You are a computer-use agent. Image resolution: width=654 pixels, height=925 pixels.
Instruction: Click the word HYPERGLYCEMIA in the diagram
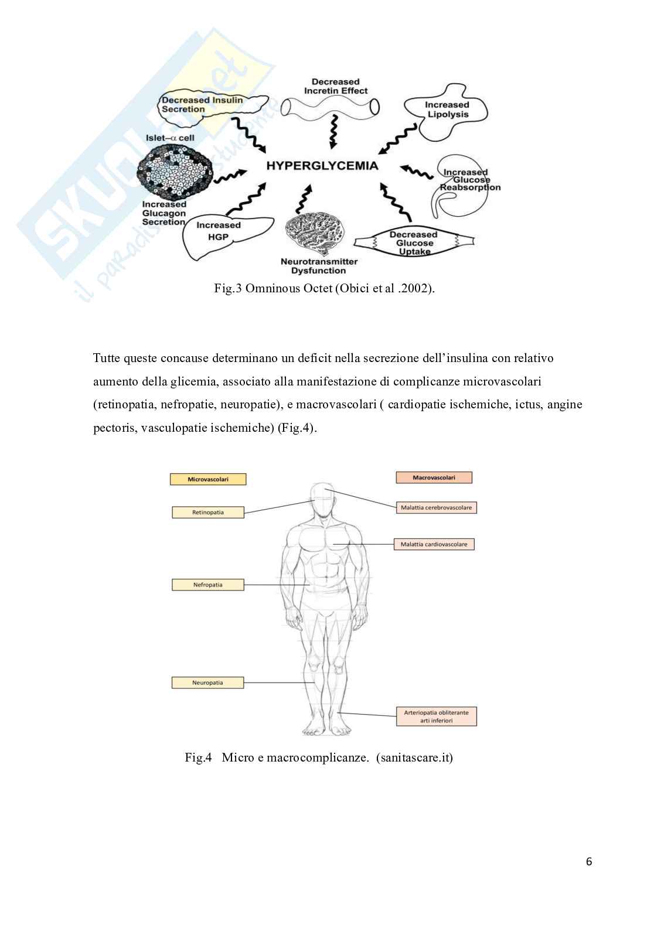pos(322,166)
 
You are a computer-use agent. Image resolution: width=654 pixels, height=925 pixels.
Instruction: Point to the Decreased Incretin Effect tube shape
pos(329,106)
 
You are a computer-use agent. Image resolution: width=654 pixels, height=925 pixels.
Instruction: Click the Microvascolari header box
pos(207,479)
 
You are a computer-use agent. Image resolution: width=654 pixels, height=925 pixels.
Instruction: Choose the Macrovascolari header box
pos(434,477)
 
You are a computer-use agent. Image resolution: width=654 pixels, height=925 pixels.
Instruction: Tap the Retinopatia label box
pos(207,513)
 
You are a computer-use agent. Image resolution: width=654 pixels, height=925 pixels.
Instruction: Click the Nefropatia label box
pos(207,585)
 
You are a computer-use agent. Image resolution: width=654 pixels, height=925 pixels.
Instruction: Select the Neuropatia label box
pos(207,682)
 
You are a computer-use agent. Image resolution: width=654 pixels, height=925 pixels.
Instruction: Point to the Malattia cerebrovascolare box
pos(436,507)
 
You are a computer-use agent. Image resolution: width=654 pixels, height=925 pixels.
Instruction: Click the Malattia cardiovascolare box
pos(434,544)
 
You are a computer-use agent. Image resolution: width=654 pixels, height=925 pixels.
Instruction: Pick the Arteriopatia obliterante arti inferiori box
pos(436,716)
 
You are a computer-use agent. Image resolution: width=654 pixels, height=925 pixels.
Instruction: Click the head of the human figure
pos(324,500)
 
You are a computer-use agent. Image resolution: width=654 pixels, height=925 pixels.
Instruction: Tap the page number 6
pos(589,861)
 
